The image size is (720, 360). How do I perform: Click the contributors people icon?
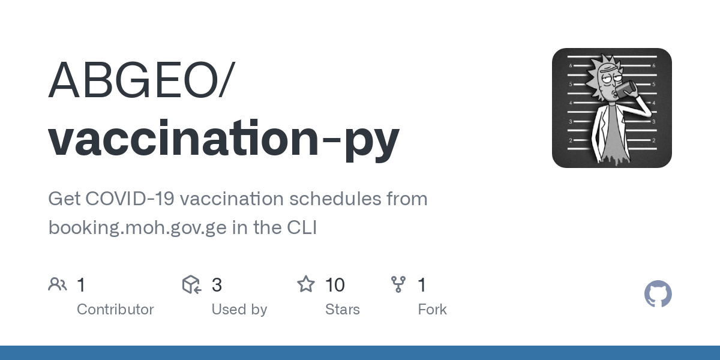pos(58,284)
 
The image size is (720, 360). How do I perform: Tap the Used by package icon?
pos(191,284)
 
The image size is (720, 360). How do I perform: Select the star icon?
pos(306,284)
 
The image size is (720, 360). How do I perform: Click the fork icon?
pos(398,284)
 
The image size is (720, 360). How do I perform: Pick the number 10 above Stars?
pos(335,284)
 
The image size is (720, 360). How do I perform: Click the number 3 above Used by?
pos(217,284)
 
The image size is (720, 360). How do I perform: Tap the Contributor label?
pos(115,310)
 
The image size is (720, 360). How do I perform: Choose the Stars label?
pos(342,310)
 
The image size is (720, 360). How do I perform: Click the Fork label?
pos(432,310)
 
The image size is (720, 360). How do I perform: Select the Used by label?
pos(239,310)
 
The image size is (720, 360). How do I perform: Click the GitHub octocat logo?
pos(658,295)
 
